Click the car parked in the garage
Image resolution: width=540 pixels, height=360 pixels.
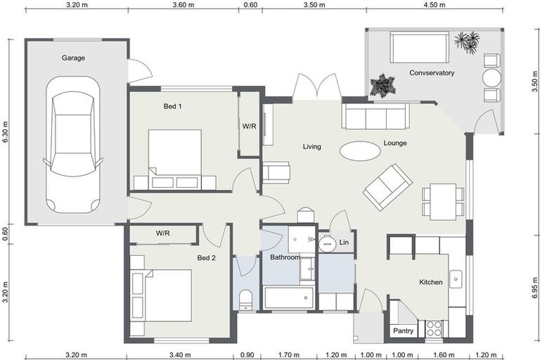coord(73,143)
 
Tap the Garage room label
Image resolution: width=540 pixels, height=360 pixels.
coord(73,58)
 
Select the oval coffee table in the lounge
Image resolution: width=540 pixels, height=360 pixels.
coord(360,150)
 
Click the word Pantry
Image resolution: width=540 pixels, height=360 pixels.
coord(403,330)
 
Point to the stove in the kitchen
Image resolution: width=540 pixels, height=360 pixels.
coord(432,328)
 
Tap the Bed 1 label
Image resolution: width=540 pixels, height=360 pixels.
coord(172,106)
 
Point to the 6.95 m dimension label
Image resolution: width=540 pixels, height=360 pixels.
coord(535,288)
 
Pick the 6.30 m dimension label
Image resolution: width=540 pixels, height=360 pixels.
coord(5,132)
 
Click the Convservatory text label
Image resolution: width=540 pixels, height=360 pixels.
coord(432,73)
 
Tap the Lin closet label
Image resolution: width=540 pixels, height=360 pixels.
coord(344,243)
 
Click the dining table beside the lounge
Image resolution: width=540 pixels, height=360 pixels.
coord(443,200)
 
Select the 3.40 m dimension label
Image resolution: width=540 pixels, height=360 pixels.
coord(180,354)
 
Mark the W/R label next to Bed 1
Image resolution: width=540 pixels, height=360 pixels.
coord(249,127)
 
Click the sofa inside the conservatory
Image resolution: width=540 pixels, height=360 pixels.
coord(420,48)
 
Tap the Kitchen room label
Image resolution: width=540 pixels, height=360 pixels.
coord(430,283)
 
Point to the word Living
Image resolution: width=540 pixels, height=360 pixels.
coord(311,147)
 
